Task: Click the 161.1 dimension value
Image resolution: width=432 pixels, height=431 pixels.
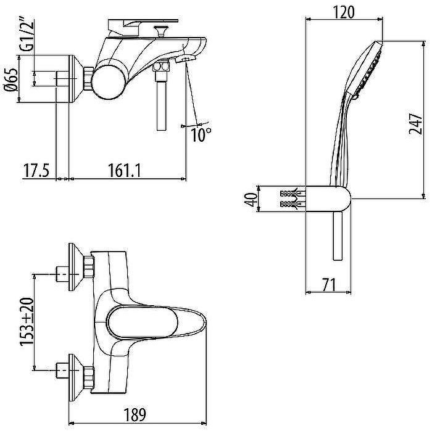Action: point(124,170)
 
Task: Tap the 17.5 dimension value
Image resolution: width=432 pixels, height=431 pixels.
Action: point(36,170)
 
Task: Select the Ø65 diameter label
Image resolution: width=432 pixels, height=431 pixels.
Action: point(12,79)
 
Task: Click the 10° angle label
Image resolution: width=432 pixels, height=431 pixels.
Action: point(201,134)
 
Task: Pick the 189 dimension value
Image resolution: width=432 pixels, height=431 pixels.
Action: point(135,414)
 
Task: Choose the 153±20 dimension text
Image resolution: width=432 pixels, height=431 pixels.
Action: point(27,321)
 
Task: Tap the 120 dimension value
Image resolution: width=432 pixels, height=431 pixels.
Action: point(344,12)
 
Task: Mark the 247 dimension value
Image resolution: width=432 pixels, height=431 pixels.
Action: point(415,123)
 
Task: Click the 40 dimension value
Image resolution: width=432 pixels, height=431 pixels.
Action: point(251,199)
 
